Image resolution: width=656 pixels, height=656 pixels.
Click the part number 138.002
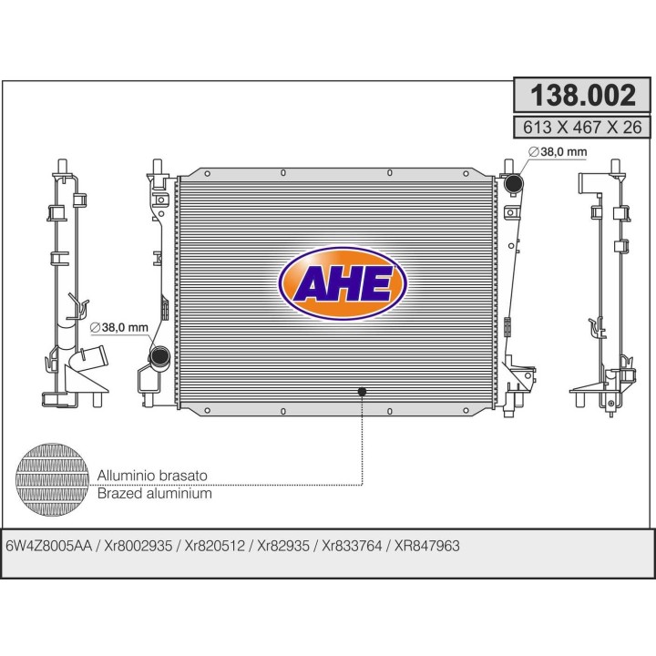tap(583, 96)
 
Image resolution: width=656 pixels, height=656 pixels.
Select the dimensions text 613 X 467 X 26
tap(582, 128)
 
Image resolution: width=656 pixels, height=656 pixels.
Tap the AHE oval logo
tap(343, 283)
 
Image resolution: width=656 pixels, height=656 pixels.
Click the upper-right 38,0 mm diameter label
tap(558, 152)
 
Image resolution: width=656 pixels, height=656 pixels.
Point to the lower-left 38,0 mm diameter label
tap(119, 327)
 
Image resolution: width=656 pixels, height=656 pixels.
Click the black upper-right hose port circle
tap(514, 183)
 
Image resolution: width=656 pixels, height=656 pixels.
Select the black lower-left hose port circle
tap(159, 356)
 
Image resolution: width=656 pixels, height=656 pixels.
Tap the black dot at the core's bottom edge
tap(362, 392)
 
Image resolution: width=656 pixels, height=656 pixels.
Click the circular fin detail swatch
tap(52, 479)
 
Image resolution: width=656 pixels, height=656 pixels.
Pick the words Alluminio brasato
tap(152, 476)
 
